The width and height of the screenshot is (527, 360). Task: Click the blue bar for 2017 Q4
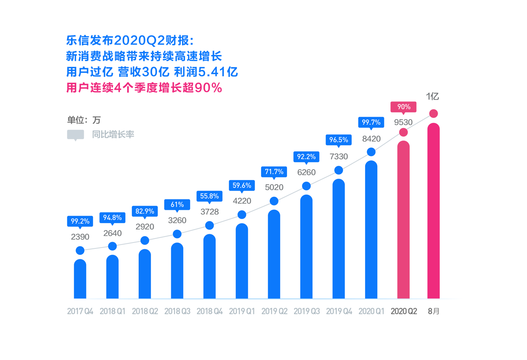click(x=80, y=279)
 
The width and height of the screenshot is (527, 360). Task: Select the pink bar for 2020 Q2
click(x=403, y=220)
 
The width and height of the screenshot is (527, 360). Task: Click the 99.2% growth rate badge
click(x=80, y=221)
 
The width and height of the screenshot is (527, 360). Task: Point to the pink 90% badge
click(x=403, y=107)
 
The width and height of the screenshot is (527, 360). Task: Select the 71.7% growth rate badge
click(x=274, y=172)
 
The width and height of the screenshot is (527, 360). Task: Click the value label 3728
click(x=209, y=212)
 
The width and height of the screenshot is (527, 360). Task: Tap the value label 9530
click(x=403, y=123)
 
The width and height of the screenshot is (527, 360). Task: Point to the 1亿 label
click(x=433, y=97)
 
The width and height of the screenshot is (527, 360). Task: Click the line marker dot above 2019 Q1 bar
click(x=242, y=215)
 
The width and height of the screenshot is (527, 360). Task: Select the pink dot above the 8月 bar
click(x=433, y=114)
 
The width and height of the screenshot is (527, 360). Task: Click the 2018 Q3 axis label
click(x=177, y=312)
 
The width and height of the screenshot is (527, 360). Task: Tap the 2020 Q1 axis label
click(x=371, y=312)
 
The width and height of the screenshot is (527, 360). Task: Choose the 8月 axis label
click(x=433, y=312)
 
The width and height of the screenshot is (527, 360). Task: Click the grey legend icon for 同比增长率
click(x=76, y=135)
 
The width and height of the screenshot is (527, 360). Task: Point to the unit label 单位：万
click(x=84, y=120)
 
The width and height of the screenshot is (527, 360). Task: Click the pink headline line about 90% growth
click(x=144, y=88)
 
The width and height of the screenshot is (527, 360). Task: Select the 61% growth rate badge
click(x=177, y=205)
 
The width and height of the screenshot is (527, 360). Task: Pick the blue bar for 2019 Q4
click(x=339, y=239)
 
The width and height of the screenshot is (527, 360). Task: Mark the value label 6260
click(x=306, y=172)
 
